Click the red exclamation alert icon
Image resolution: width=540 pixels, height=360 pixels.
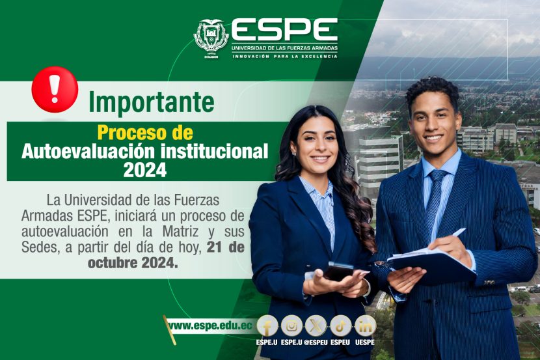[x=55, y=90]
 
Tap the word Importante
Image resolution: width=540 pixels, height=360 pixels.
[x=152, y=102]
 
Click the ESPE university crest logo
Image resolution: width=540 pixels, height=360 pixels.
[x=211, y=38]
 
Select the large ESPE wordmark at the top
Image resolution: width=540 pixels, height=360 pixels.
[x=284, y=31]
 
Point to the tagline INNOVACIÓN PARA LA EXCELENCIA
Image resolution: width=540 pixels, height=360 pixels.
[x=285, y=56]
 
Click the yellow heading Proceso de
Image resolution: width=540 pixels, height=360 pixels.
[x=145, y=133]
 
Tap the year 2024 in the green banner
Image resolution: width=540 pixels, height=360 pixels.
[x=145, y=169]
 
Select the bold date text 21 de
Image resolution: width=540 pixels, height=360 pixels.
[x=226, y=247]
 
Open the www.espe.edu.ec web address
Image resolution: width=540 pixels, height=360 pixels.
[x=210, y=325]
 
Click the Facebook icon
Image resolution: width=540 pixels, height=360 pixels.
[x=267, y=326]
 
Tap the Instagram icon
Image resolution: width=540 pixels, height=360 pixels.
[x=291, y=326]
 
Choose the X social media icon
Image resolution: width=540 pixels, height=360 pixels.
[x=316, y=326]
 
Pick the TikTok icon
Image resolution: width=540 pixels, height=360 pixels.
[x=341, y=326]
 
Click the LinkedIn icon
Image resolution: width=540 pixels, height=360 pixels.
[x=365, y=326]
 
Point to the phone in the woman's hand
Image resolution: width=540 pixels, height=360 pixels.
[x=338, y=271]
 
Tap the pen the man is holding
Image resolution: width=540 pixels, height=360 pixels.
[x=457, y=232]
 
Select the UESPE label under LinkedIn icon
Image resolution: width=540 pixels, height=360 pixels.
[x=365, y=342]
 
